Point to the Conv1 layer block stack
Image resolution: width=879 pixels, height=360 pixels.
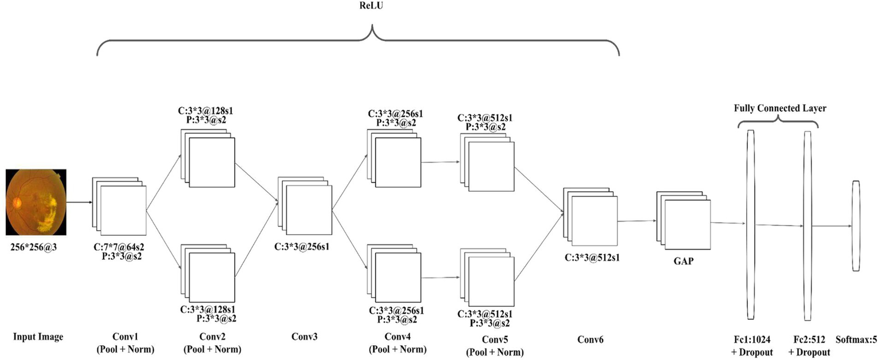point(120,207)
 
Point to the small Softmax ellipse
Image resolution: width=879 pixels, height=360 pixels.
point(856,226)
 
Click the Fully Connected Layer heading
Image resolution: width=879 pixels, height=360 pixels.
point(779,108)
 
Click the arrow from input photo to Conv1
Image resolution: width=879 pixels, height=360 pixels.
point(79,201)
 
